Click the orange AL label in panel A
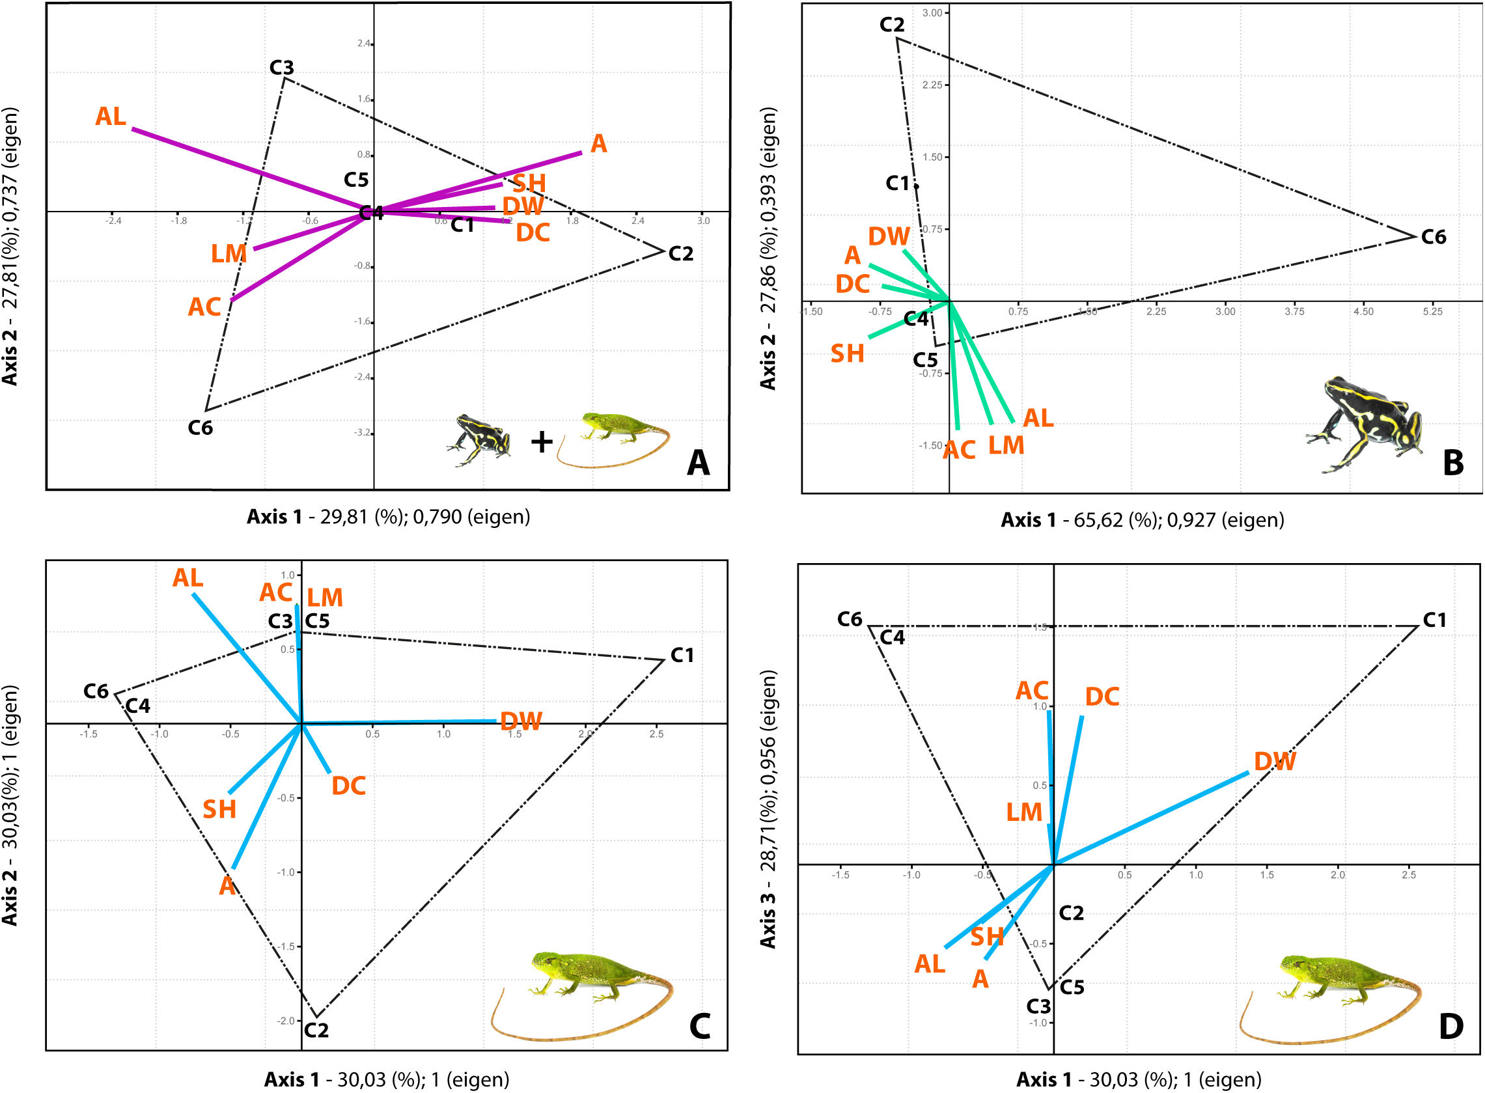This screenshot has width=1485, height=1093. (111, 117)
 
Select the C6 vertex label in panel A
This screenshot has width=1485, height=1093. (200, 428)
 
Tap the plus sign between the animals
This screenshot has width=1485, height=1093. (541, 441)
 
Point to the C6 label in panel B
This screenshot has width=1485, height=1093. (1434, 237)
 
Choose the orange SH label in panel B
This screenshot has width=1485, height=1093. (847, 354)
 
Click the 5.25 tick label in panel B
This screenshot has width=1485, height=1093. (1432, 312)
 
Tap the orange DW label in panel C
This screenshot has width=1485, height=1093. (521, 721)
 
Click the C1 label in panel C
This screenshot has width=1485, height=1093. (682, 656)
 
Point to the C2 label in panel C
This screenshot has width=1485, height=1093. (316, 1031)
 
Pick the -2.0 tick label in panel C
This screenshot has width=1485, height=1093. (286, 1021)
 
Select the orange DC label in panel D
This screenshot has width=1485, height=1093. (1102, 697)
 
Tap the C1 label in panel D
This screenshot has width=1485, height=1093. (1434, 620)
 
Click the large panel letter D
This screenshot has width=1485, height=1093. (1450, 1027)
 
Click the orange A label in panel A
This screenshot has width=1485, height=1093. (598, 144)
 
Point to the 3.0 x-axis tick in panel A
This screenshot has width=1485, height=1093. (703, 221)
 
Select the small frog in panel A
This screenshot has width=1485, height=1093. (480, 439)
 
